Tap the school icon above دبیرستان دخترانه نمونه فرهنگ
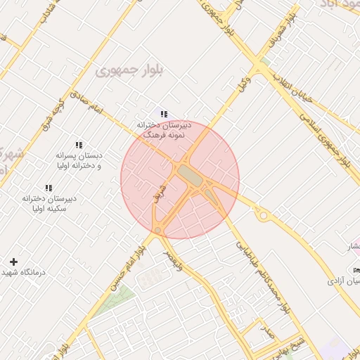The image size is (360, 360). (x=164, y=114)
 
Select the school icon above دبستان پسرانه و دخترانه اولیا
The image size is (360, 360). (x=79, y=145)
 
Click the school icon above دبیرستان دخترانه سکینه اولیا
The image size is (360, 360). (x=49, y=188)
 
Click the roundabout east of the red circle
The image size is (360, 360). (x=263, y=216)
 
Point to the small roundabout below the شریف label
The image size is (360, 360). (x=158, y=230)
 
